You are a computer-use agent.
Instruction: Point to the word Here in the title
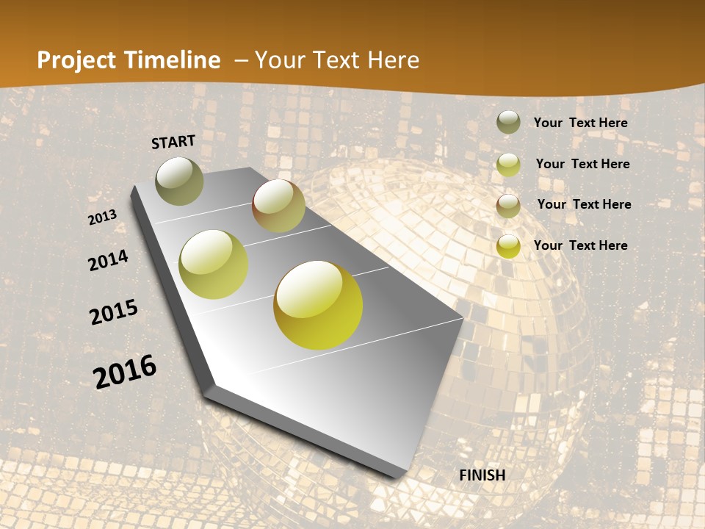tap(393, 60)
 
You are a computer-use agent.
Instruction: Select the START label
tap(173, 141)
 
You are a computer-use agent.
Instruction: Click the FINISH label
tap(482, 475)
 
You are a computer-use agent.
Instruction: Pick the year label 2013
tap(102, 217)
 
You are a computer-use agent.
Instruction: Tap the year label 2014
tap(108, 260)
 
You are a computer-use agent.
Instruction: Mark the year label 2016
tap(125, 372)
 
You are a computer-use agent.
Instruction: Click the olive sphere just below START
tap(180, 181)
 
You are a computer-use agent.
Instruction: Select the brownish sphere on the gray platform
tap(278, 206)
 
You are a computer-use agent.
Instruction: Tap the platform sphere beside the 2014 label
tap(214, 264)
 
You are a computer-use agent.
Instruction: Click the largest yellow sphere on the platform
tap(318, 305)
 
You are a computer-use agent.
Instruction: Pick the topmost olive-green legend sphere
tap(508, 122)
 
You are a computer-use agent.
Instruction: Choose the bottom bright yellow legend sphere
tap(508, 245)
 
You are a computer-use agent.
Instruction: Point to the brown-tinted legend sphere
tap(508, 205)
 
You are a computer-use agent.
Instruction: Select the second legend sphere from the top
tap(508, 164)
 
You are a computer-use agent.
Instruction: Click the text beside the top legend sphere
tap(580, 123)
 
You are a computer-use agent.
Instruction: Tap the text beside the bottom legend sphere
tap(580, 245)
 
